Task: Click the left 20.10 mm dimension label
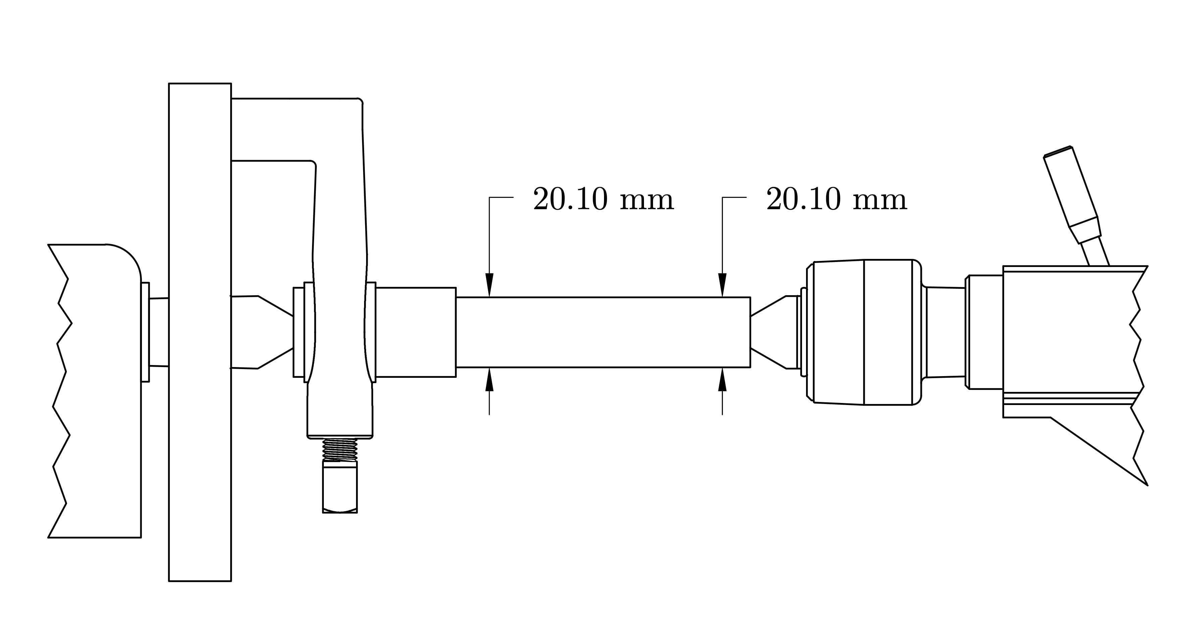pos(603,200)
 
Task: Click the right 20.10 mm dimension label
pos(837,200)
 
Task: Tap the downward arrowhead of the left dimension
pos(489,285)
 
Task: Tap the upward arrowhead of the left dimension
pos(489,379)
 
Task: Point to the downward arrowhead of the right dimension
pos(722,285)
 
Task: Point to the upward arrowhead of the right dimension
pos(722,379)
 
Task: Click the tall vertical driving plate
pos(200,332)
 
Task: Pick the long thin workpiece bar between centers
pos(603,332)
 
